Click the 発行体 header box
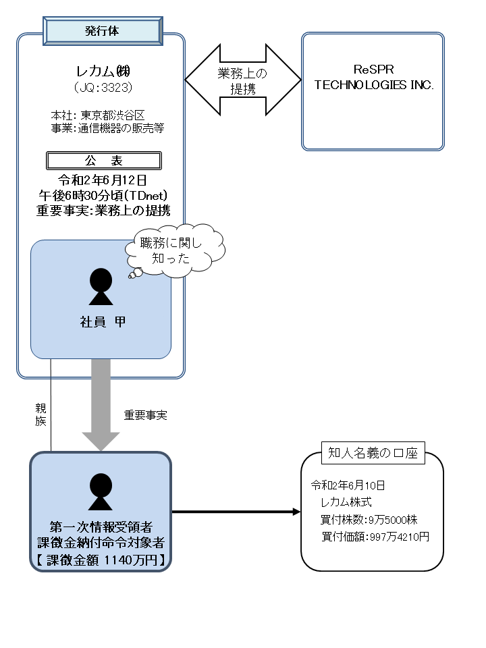(x=103, y=30)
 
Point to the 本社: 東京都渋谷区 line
(x=98, y=115)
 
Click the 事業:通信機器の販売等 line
(x=107, y=127)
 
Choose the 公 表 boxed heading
(x=103, y=161)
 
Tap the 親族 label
(x=40, y=414)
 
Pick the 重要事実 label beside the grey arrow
(x=145, y=415)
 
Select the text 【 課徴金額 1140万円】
(x=101, y=560)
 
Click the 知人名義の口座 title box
(x=373, y=454)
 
